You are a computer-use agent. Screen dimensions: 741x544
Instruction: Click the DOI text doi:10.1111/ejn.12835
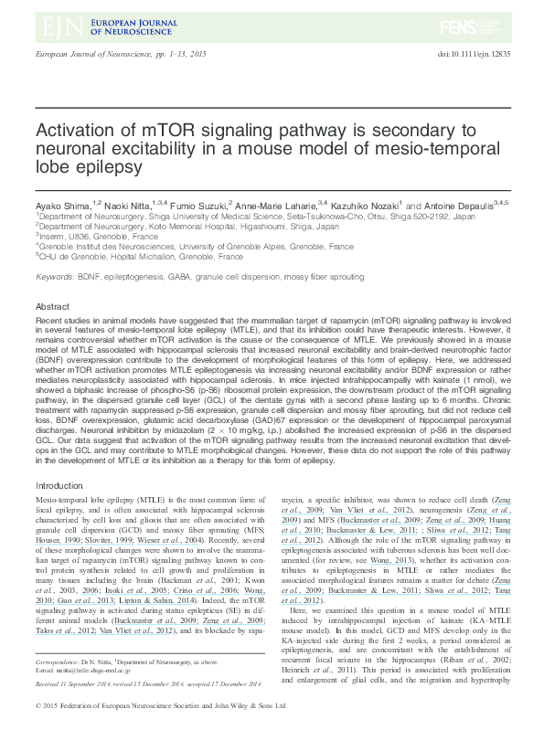click(x=475, y=57)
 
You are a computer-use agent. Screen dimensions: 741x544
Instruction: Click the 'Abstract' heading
click(x=52, y=306)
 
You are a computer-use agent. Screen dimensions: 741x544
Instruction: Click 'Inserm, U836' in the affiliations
click(x=65, y=236)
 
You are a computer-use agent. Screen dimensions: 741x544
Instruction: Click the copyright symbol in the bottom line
click(x=37, y=731)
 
